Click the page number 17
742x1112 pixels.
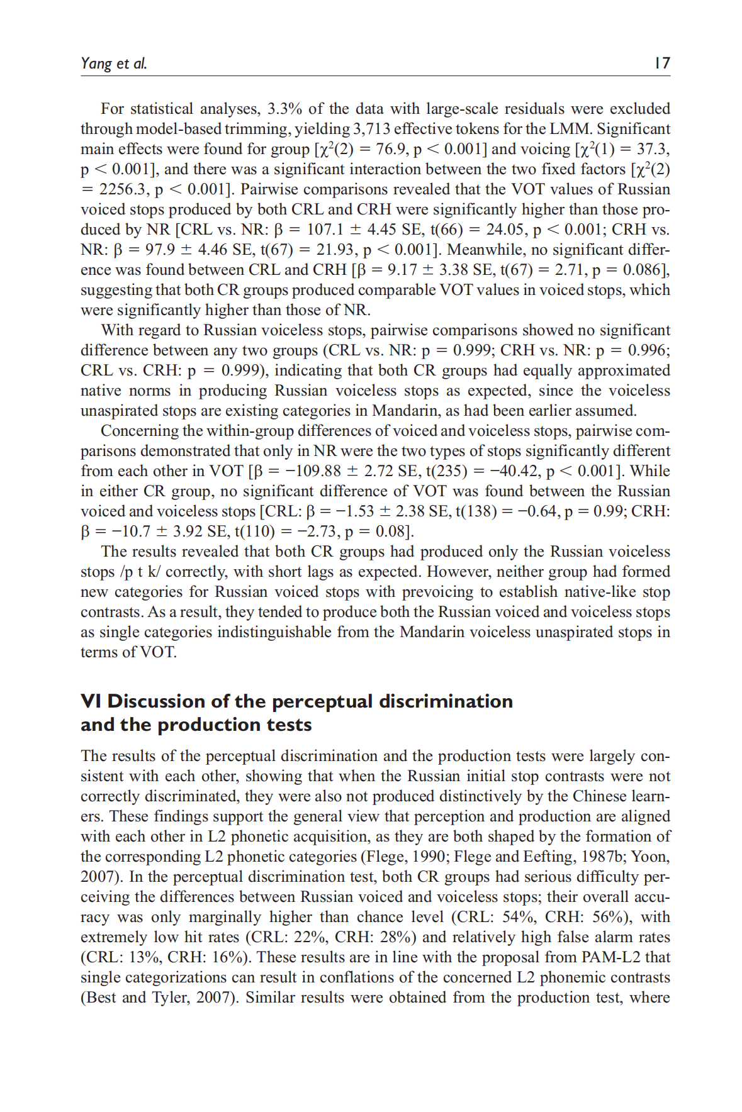[x=662, y=63]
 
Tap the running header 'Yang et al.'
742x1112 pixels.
[x=113, y=63]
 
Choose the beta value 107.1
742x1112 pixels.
[x=325, y=230]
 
